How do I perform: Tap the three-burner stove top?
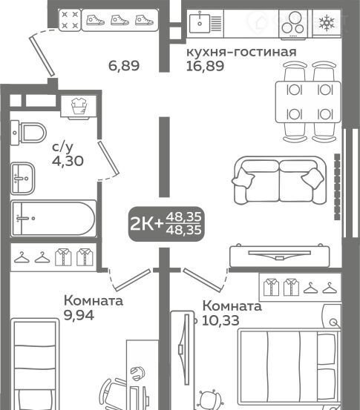pyautogui.click(x=293, y=24)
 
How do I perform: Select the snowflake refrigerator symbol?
pyautogui.click(x=327, y=23)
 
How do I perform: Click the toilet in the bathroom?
pyautogui.click(x=28, y=133)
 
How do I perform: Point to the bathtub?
pyautogui.click(x=53, y=219)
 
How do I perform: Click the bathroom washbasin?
pyautogui.click(x=22, y=179)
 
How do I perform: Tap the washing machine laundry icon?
pyautogui.click(x=78, y=107)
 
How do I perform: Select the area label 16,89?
pyautogui.click(x=205, y=66)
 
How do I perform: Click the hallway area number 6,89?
pyautogui.click(x=124, y=66)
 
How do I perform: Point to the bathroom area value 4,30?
pyautogui.click(x=68, y=161)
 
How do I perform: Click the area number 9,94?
pyautogui.click(x=79, y=315)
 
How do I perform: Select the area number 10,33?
pyautogui.click(x=220, y=320)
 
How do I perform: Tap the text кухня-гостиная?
pyautogui.click(x=241, y=52)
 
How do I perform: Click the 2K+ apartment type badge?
pyautogui.click(x=166, y=224)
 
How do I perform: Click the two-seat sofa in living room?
pyautogui.click(x=279, y=180)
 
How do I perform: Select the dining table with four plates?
pyautogui.click(x=308, y=102)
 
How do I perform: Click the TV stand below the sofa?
pyautogui.click(x=280, y=256)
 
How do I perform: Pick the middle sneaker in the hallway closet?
pyautogui.click(x=120, y=20)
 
